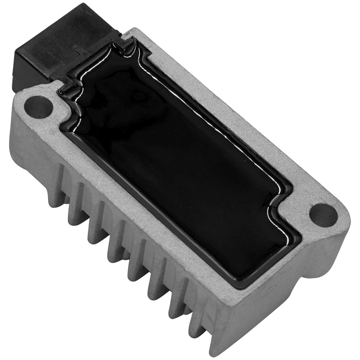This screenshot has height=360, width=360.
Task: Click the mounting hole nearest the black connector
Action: click(x=38, y=107)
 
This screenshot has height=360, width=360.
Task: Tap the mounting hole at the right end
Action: click(x=323, y=215)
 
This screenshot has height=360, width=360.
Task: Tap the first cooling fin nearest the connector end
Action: click(x=56, y=187)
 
